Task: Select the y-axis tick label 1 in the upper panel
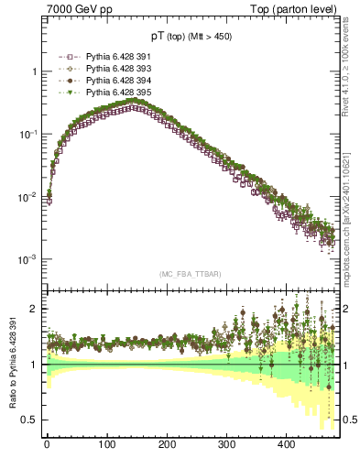click(x=34, y=71)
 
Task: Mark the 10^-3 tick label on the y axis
click(x=27, y=259)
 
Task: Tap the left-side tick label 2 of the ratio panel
click(x=34, y=309)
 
